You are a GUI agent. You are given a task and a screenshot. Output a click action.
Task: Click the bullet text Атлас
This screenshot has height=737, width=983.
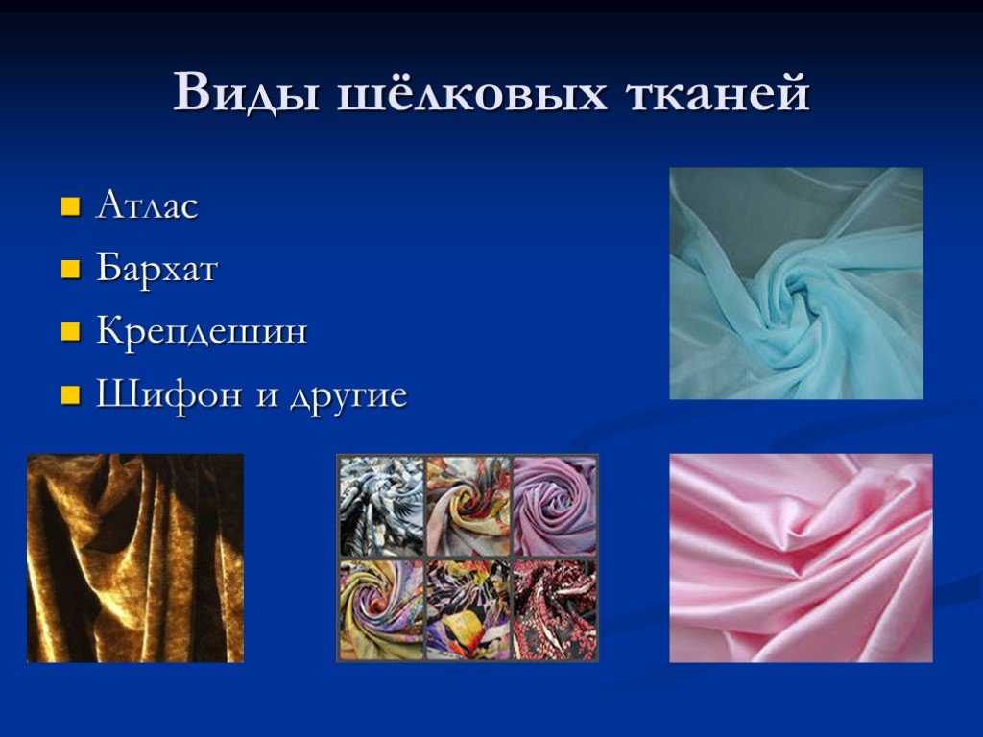click(147, 207)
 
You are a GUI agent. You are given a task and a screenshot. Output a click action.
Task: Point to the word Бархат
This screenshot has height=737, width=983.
click(156, 270)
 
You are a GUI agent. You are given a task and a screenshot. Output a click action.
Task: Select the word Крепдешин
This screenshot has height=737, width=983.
click(202, 332)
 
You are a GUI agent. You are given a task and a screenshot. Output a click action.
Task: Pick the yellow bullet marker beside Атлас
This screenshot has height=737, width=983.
click(69, 208)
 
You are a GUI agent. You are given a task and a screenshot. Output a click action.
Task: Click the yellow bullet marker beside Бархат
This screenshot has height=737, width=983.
click(69, 271)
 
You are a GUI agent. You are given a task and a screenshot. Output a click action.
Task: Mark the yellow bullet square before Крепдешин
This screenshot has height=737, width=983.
click(69, 333)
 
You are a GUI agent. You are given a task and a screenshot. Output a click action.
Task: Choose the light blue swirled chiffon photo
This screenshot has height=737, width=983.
click(796, 283)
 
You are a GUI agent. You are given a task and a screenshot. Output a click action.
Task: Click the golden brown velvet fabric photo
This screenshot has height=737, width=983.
click(135, 558)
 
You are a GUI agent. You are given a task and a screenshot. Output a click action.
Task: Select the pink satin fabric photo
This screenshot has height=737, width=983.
click(801, 558)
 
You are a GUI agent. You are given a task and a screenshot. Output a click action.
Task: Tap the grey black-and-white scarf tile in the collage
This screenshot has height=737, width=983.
click(381, 506)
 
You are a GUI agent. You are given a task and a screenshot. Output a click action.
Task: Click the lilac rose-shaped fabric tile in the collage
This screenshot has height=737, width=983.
click(554, 506)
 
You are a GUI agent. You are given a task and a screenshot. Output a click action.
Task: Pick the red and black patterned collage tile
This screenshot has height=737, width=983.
click(554, 609)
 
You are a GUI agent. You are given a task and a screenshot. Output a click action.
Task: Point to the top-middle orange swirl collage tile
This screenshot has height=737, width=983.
click(468, 506)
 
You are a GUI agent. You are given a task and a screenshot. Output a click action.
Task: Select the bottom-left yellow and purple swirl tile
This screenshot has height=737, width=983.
click(381, 609)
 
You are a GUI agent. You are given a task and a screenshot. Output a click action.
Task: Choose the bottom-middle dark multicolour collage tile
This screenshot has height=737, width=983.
click(468, 609)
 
